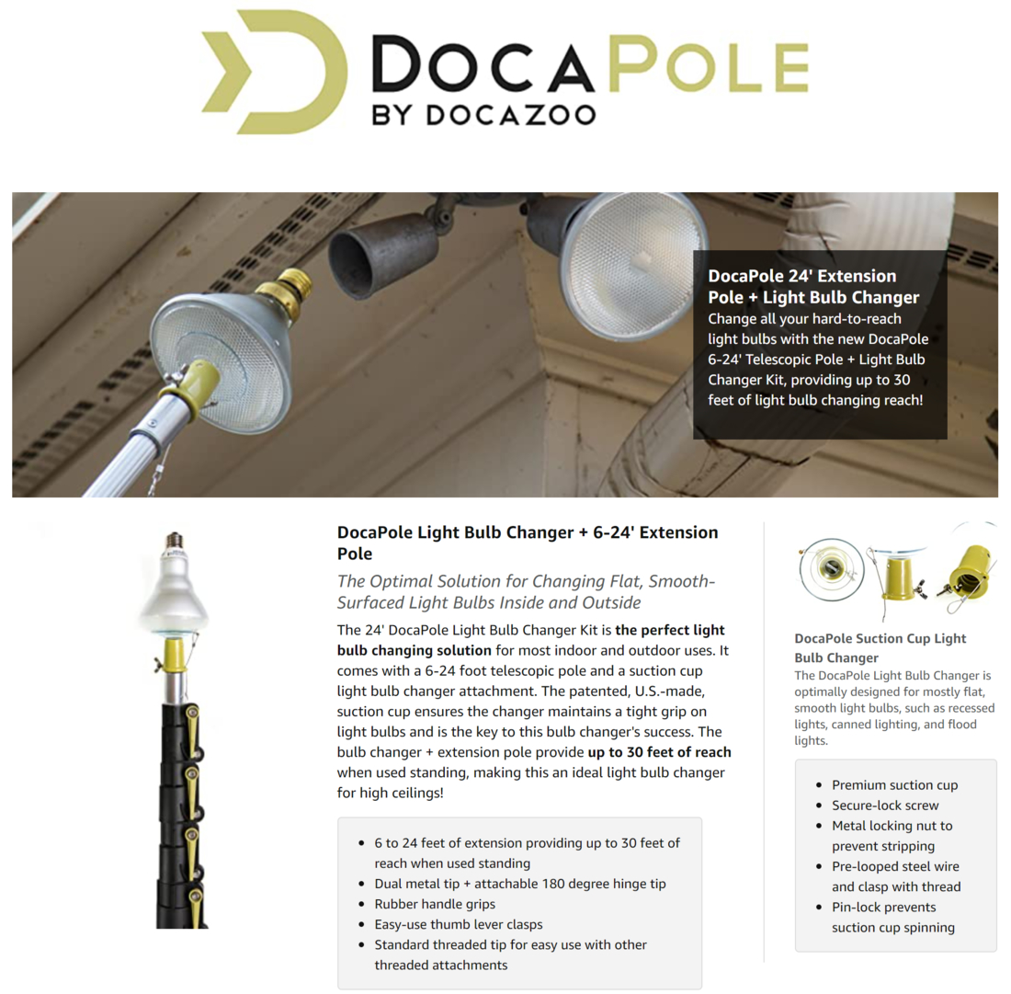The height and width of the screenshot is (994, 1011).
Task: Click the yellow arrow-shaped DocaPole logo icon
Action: pos(261,71)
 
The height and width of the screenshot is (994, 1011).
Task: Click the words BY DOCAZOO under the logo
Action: pos(483,114)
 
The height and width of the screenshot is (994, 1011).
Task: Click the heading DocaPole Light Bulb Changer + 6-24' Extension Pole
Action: pos(528,543)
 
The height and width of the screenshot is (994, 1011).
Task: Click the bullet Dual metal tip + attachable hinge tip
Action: pos(520,884)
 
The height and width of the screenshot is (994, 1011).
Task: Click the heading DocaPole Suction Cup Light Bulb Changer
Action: pos(880,647)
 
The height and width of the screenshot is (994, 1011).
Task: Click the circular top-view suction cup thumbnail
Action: pos(832,567)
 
